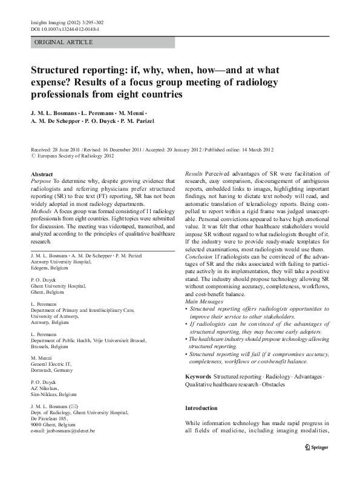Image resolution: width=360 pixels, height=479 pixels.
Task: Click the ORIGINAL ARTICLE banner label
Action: pyautogui.click(x=65, y=42)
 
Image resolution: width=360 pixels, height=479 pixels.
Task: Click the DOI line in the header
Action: pyautogui.click(x=65, y=28)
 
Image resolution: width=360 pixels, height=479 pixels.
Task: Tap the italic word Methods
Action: pyautogui.click(x=42, y=212)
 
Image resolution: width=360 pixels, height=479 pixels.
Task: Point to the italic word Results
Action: pyautogui.click(x=194, y=174)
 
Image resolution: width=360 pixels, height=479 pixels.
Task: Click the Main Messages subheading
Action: pyautogui.click(x=205, y=301)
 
